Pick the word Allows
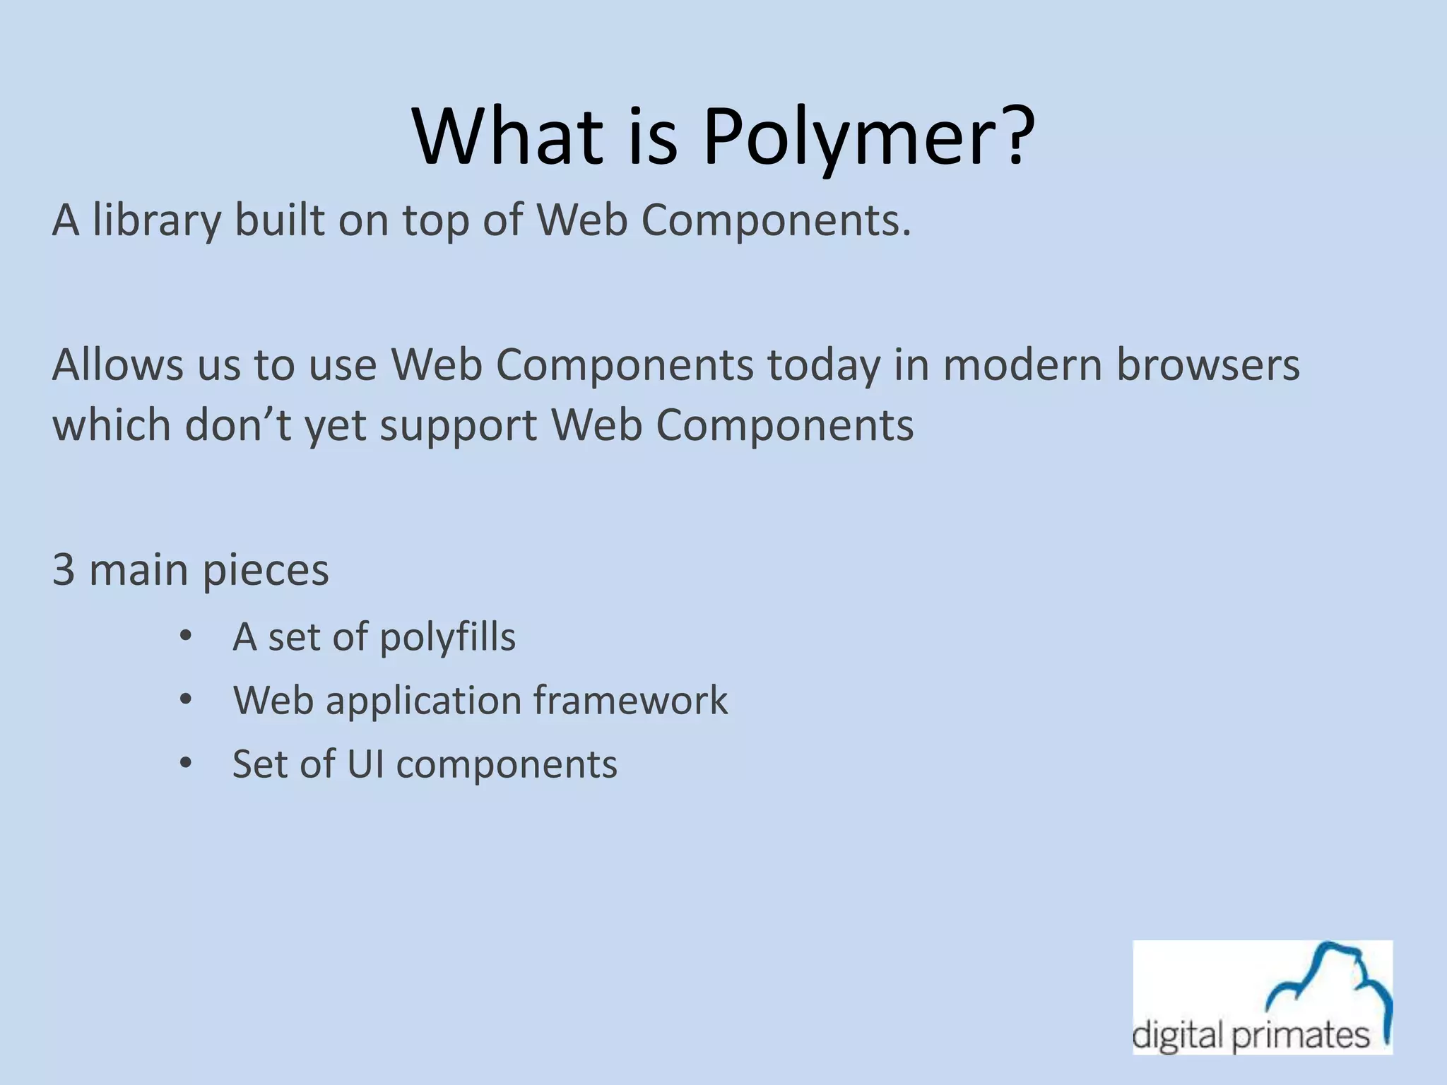pos(117,365)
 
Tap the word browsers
pos(1207,365)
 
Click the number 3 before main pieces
pos(64,569)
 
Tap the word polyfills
pos(447,637)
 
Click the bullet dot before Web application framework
pos(186,700)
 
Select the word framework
pos(630,700)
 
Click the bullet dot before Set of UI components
pos(186,764)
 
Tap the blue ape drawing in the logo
pos(1328,982)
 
